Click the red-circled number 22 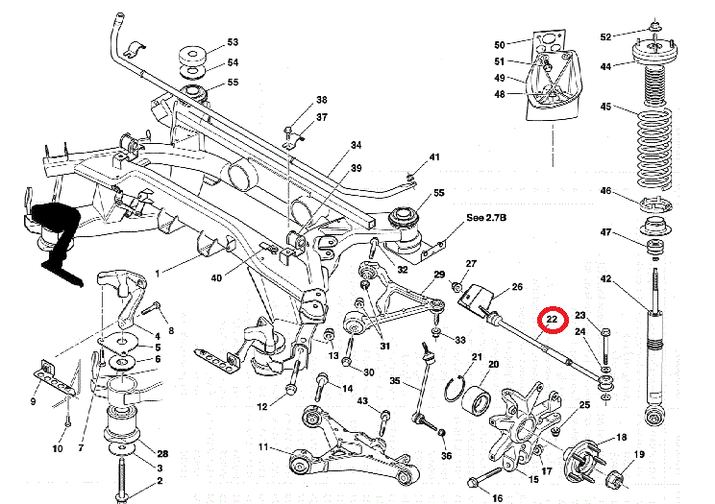pyautogui.click(x=553, y=318)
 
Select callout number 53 pyautogui.click(x=232, y=43)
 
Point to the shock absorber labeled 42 pyautogui.click(x=653, y=355)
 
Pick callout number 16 pyautogui.click(x=497, y=498)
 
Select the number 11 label pyautogui.click(x=263, y=447)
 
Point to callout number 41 pyautogui.click(x=434, y=156)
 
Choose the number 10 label pyautogui.click(x=57, y=448)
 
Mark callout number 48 pyautogui.click(x=500, y=94)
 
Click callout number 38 pyautogui.click(x=322, y=100)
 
